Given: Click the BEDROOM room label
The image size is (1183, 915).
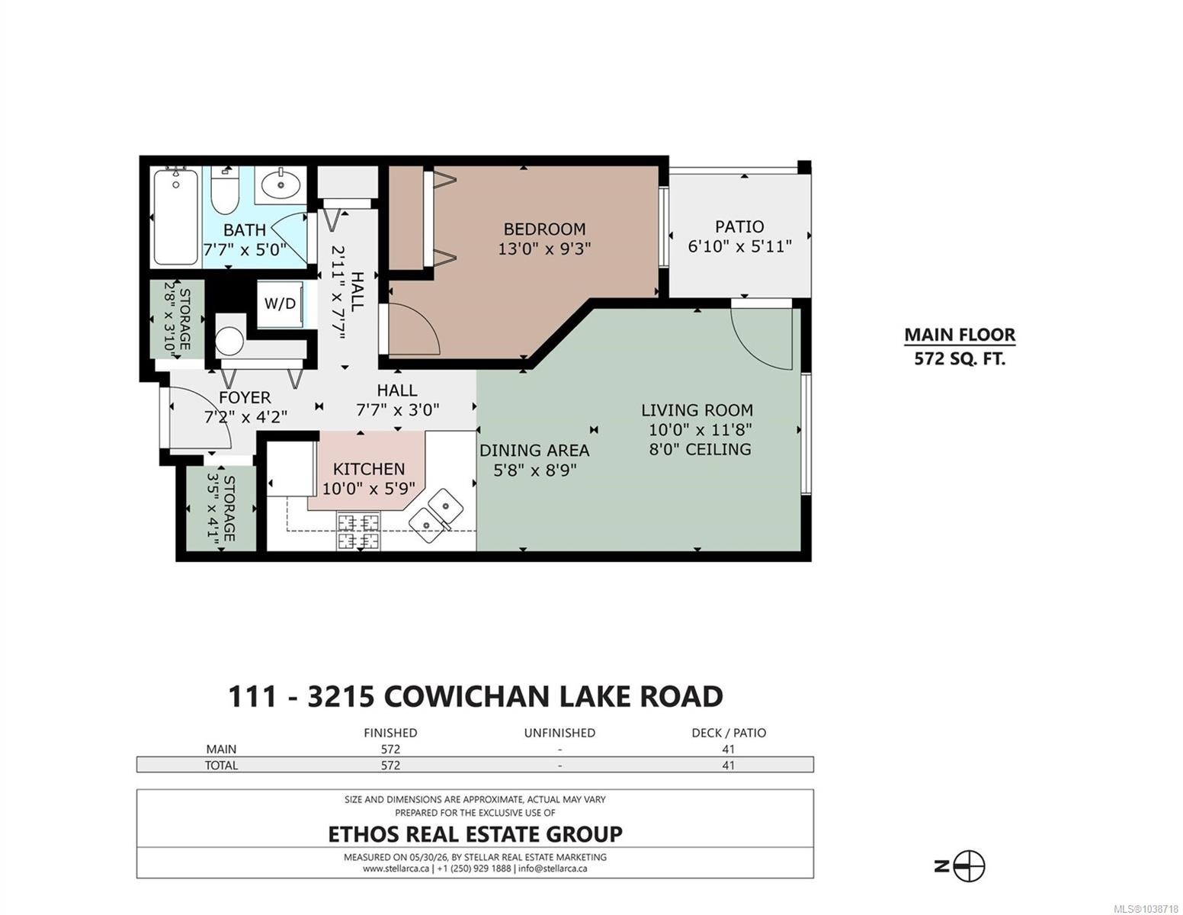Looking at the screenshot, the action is click(544, 230).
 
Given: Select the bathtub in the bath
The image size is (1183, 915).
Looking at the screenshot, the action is click(175, 217).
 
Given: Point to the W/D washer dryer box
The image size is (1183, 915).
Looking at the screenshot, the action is click(280, 303).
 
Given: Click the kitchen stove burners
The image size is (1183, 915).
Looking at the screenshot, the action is click(358, 531).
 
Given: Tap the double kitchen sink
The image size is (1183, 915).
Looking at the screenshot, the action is click(435, 515).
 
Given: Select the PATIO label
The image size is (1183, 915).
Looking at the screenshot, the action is click(739, 226).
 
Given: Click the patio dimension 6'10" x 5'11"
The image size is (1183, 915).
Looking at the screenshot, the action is click(739, 246).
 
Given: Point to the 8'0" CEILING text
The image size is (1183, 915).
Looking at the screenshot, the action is click(700, 450).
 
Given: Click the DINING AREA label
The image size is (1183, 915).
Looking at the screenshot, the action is click(534, 451).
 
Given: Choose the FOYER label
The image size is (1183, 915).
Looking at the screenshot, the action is click(245, 398).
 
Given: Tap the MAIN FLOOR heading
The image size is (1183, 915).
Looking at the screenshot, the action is click(959, 335).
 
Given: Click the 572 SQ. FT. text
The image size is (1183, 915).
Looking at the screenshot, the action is click(959, 359).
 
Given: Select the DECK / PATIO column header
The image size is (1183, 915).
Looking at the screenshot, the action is click(729, 734).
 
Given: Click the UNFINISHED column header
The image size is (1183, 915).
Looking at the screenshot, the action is click(559, 734).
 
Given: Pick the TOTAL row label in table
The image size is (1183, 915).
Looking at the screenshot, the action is click(221, 766).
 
